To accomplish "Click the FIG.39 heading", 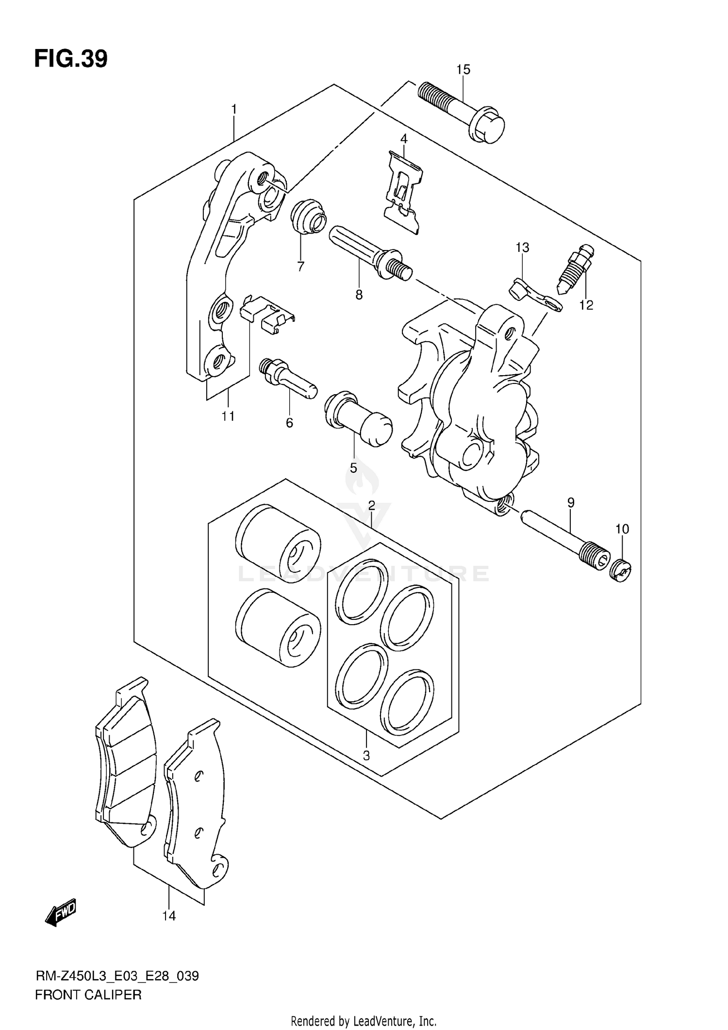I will [71, 59].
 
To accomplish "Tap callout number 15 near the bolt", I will [463, 69].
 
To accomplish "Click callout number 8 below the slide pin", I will [359, 295].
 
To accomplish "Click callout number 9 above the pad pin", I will [571, 502].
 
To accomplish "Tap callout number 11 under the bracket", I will [228, 416].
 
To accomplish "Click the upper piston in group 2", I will [278, 543].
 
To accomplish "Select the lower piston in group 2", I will [278, 627].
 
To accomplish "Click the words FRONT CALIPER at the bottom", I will [88, 995].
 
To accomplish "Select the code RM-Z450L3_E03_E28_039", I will [117, 976].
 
